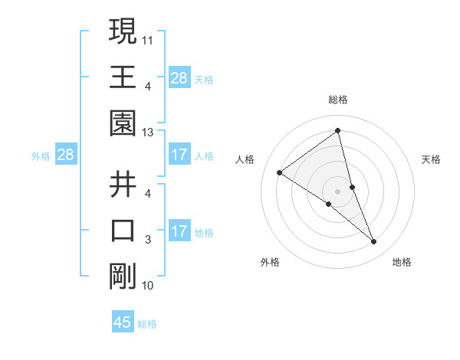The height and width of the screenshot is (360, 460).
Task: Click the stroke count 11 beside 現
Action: click(x=148, y=38)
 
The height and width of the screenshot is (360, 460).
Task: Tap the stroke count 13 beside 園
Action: click(x=148, y=133)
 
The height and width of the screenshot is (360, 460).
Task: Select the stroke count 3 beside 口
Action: click(x=148, y=240)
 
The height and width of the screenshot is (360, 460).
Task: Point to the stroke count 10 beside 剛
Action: click(x=148, y=286)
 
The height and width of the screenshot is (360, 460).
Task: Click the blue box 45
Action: click(x=123, y=322)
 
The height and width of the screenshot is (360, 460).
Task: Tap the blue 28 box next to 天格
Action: click(x=179, y=77)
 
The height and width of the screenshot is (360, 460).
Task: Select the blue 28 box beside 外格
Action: click(x=65, y=155)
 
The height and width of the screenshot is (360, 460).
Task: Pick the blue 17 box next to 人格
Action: click(x=179, y=155)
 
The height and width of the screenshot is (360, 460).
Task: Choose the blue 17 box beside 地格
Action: click(x=179, y=231)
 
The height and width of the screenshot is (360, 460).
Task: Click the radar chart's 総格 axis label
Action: click(x=337, y=100)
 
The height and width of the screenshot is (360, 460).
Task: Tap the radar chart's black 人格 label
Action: click(x=245, y=159)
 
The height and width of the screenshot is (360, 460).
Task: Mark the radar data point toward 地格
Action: click(x=374, y=242)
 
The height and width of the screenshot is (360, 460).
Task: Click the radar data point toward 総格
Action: click(x=337, y=131)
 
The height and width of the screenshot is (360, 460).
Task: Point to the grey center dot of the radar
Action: click(x=337, y=191)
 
